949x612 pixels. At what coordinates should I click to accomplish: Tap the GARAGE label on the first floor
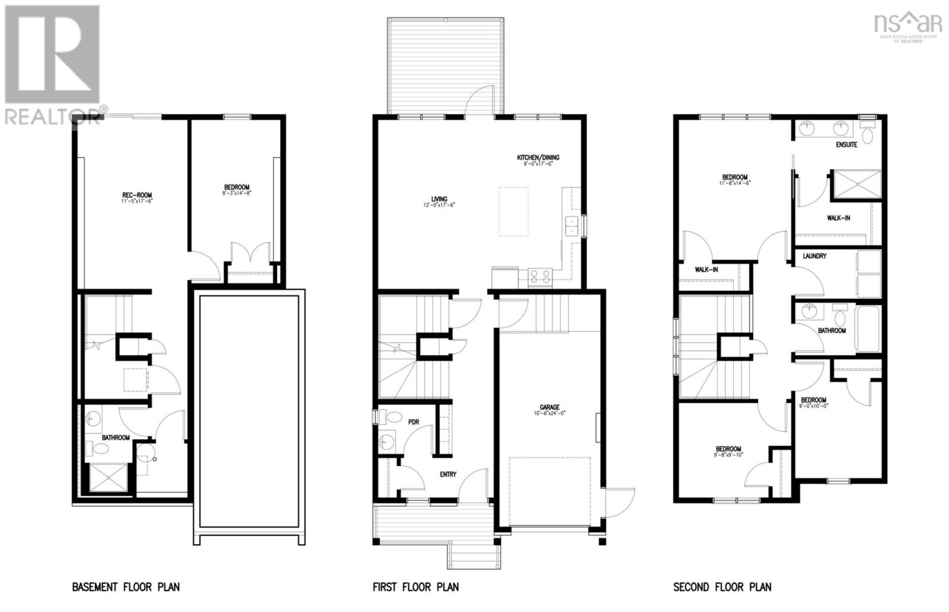pos(549,407)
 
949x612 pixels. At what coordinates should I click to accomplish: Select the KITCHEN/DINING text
pos(538,157)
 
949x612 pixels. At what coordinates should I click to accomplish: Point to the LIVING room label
pos(439,199)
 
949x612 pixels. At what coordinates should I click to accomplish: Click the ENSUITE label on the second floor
pos(846,145)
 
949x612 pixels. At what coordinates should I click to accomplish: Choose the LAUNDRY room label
pos(814,256)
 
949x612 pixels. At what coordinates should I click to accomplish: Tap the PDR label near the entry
pos(413,422)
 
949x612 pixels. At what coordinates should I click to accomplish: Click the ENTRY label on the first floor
pos(448,474)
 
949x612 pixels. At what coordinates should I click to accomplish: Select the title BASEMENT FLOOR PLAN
pos(126,587)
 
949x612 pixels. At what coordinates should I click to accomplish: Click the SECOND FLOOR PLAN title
pos(722,587)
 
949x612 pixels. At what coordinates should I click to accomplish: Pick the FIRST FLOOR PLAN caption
pos(415,587)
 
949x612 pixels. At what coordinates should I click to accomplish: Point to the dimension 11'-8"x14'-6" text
pos(734,183)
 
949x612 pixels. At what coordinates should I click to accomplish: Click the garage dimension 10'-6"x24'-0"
pos(549,414)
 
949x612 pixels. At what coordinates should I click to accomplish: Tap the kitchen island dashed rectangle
pos(513,211)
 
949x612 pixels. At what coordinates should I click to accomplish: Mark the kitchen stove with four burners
pos(540,277)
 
